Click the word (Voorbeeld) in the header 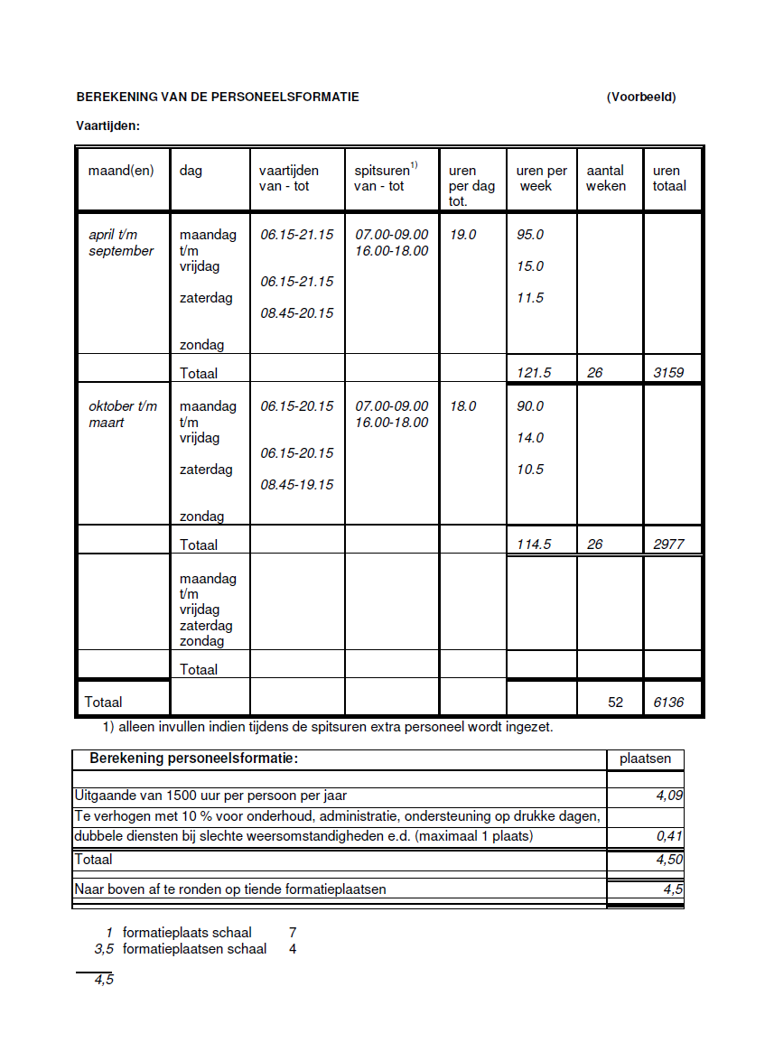tap(641, 98)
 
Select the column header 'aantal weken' tap(606, 178)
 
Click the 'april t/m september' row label tap(121, 243)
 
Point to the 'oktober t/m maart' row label tap(122, 414)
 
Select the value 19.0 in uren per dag tap(462, 235)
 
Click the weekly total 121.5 tap(534, 372)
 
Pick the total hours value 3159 tap(668, 372)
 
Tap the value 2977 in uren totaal tap(668, 544)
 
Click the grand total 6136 tap(668, 702)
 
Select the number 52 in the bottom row tap(615, 702)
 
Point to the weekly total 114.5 tap(534, 544)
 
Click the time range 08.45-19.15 tap(297, 485)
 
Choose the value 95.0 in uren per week tap(530, 235)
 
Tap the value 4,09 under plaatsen tap(668, 796)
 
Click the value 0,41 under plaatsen tap(668, 836)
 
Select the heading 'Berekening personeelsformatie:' tap(193, 759)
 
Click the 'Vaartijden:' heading tap(107, 126)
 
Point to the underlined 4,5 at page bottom tap(104, 980)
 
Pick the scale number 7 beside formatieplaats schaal tap(293, 932)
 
